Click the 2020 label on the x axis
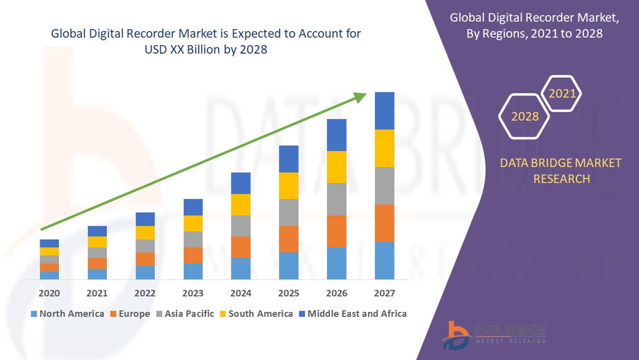[49, 293]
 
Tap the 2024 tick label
[241, 293]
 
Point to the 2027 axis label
[384, 293]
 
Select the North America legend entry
[67, 313]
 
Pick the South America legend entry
[256, 313]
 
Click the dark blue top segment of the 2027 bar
[384, 111]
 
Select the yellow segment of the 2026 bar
[337, 167]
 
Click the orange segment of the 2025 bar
[289, 239]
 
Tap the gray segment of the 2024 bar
[241, 226]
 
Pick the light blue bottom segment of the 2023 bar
[193, 272]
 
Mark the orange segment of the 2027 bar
[384, 223]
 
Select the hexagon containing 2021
[561, 93]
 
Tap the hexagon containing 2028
[525, 116]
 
